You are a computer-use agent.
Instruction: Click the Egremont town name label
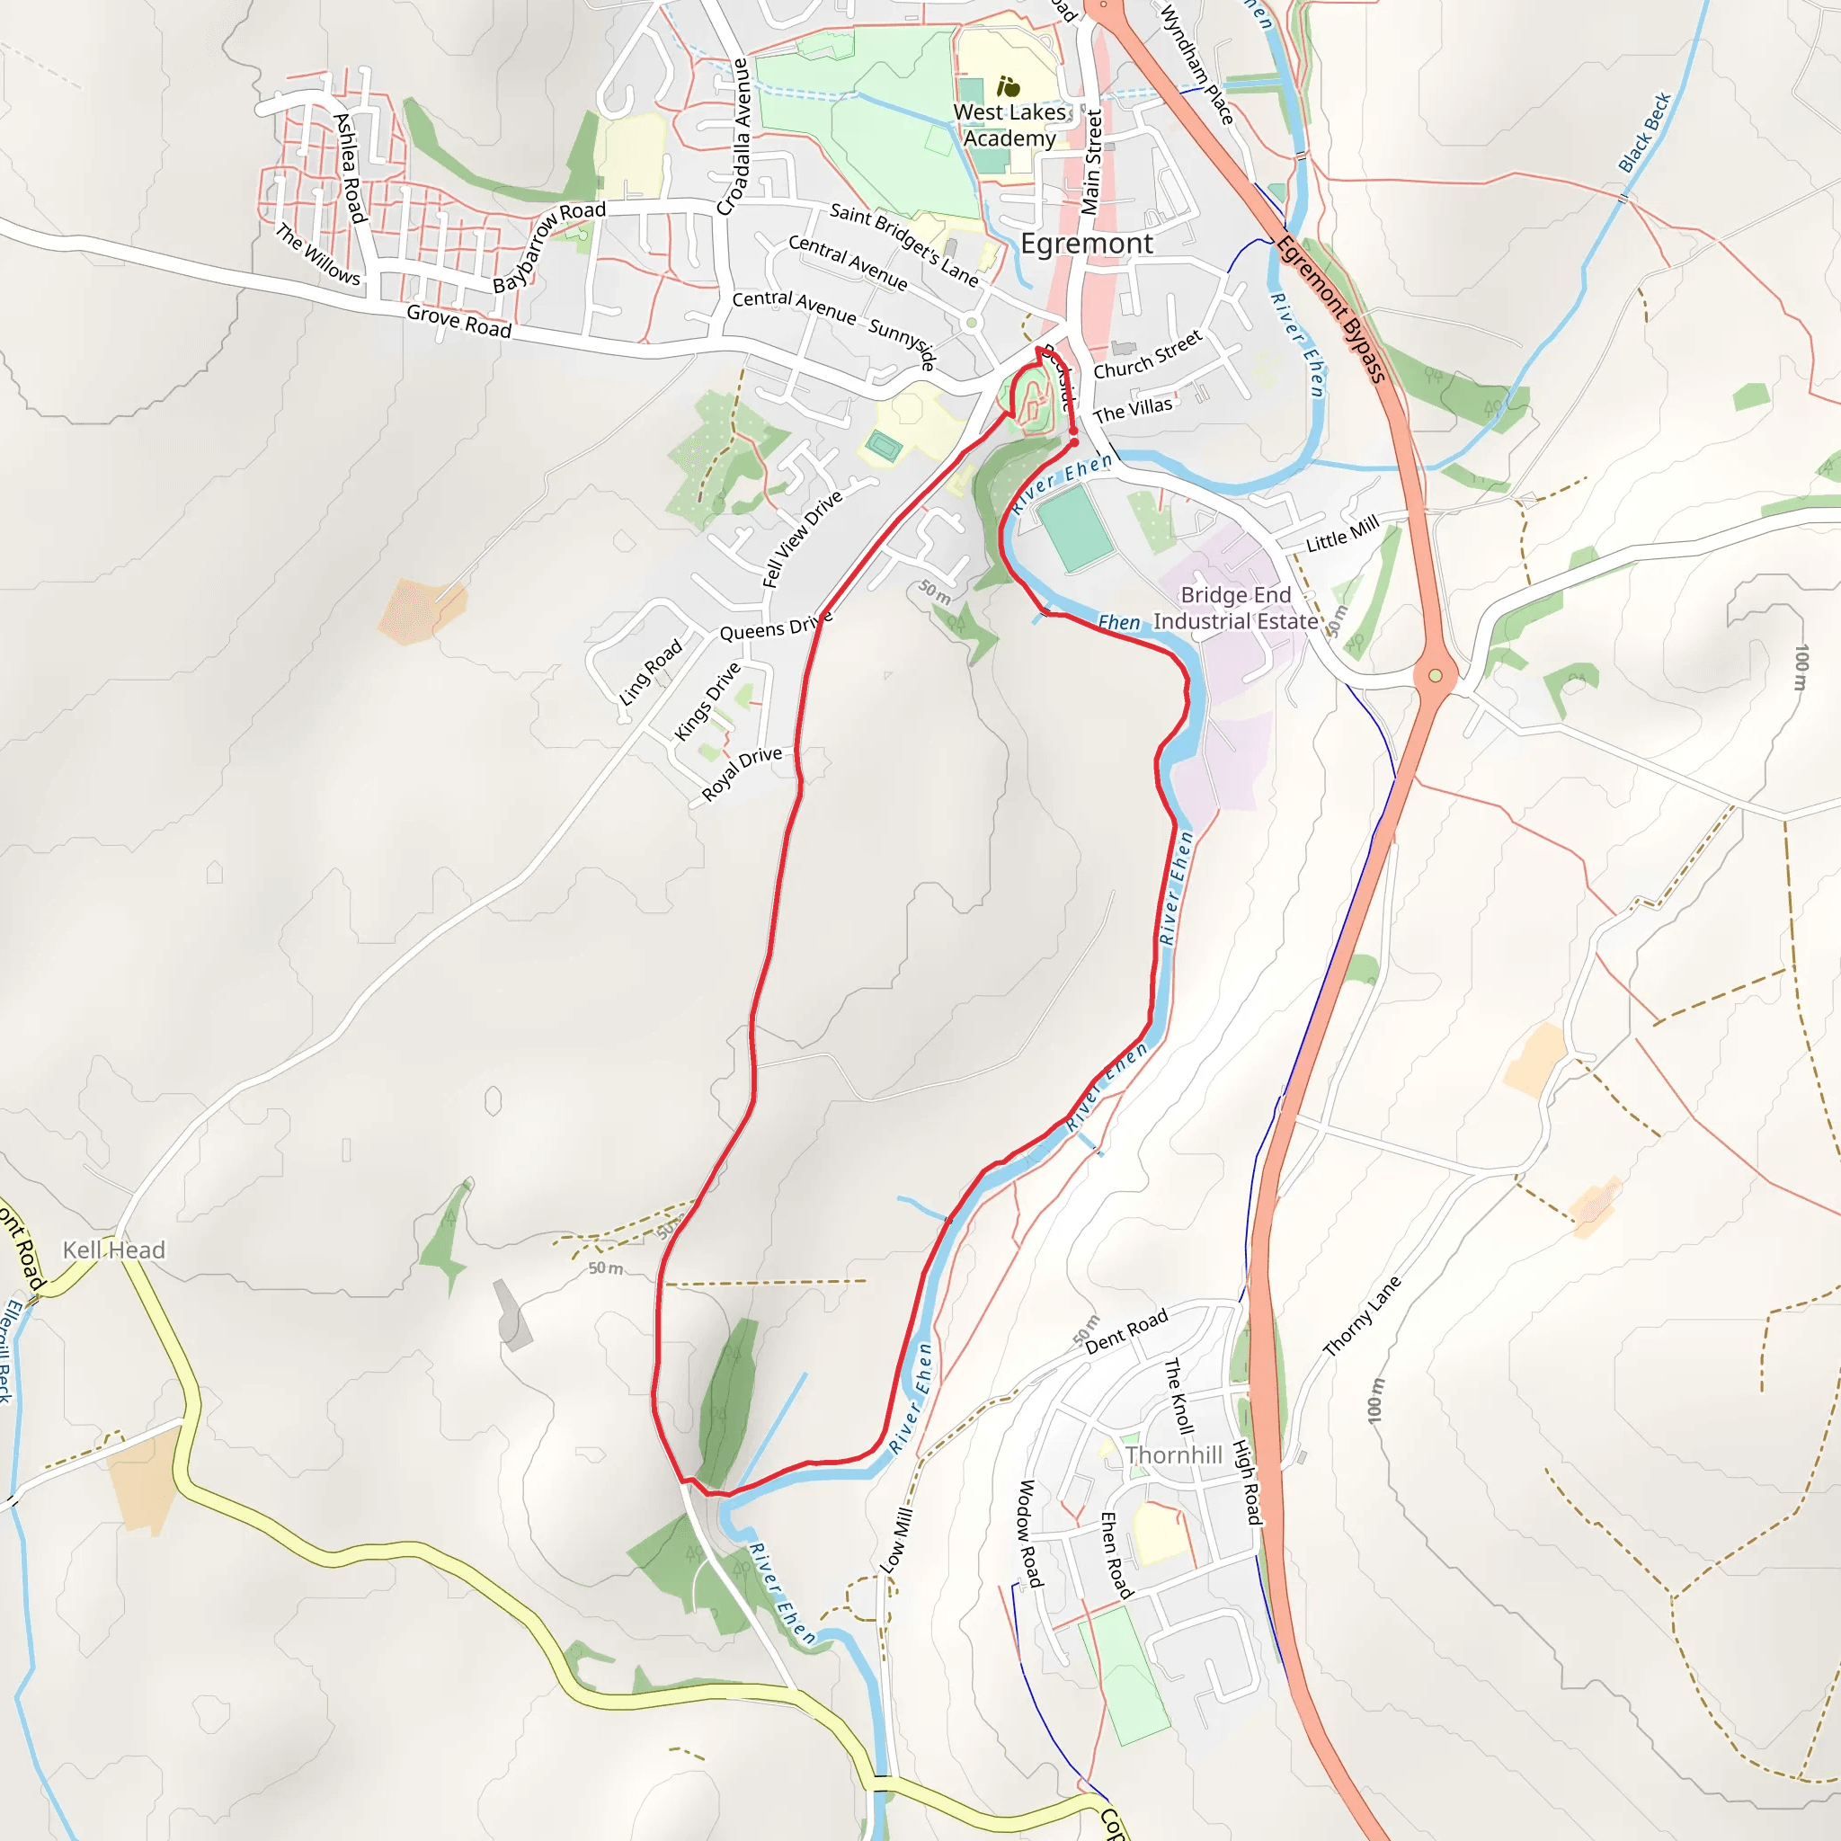(x=1086, y=244)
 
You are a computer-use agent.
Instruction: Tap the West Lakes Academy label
(x=1009, y=125)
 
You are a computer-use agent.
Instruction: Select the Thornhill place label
(x=1173, y=1455)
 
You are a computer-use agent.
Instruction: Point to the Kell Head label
(x=113, y=1250)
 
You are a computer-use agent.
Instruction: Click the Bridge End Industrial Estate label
(x=1235, y=608)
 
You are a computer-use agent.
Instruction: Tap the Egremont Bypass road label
(x=1330, y=310)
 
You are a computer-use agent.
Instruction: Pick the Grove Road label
(x=458, y=321)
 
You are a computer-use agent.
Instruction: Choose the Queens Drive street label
(x=775, y=629)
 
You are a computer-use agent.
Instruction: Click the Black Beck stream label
(x=1645, y=132)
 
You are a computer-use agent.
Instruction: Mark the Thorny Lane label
(x=1362, y=1316)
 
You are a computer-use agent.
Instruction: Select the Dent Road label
(x=1125, y=1331)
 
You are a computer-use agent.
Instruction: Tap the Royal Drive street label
(x=742, y=773)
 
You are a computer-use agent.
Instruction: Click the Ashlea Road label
(x=350, y=168)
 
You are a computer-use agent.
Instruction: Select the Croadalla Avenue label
(x=734, y=138)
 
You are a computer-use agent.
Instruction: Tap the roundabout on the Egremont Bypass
(x=1435, y=676)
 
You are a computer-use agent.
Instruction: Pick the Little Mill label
(x=1342, y=535)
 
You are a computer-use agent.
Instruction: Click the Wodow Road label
(x=1028, y=1534)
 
